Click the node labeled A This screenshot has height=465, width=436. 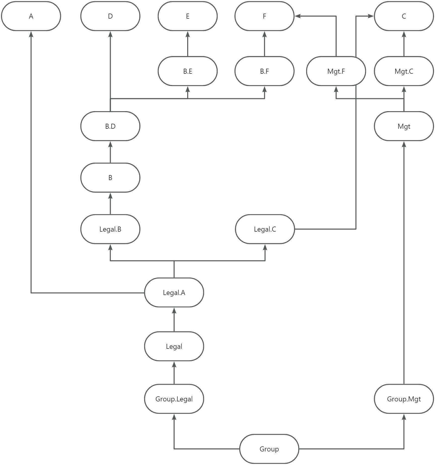coord(31,16)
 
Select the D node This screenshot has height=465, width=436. coord(110,16)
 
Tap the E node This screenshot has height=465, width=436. coord(187,16)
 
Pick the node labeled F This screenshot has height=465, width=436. coord(264,16)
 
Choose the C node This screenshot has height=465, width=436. coord(404,16)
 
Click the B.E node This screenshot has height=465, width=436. coord(187,71)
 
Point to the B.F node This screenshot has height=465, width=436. coord(264,71)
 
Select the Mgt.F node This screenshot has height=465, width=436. coord(336,71)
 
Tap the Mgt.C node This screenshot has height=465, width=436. coord(404,71)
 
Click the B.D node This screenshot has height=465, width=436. coord(110,126)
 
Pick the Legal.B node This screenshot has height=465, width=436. coord(110,229)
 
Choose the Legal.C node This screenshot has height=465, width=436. coord(265,229)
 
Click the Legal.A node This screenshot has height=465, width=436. coord(174,293)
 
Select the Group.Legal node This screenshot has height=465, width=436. coord(174,399)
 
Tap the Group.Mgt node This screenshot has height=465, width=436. coord(404,399)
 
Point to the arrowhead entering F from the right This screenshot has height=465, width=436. coord(298,16)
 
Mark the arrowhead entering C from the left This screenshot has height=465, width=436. coord(371,16)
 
